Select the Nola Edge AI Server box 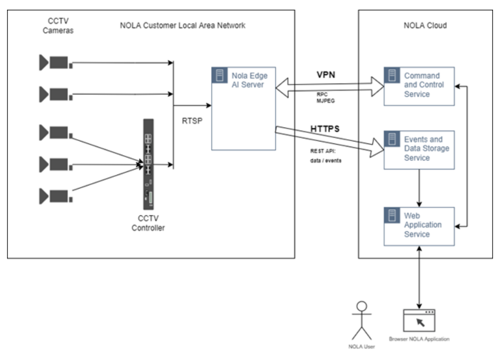coord(244,108)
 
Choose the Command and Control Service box coord(418,86)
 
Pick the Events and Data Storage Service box coord(418,149)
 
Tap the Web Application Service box coord(418,227)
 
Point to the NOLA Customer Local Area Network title coord(183,25)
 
